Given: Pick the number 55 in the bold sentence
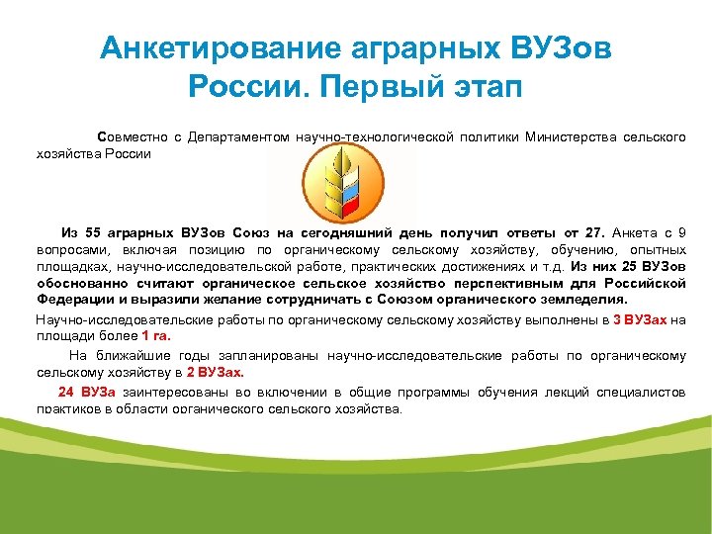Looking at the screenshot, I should (94, 232).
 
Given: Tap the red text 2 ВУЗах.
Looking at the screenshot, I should (215, 373).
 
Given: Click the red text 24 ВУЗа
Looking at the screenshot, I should (87, 392).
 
